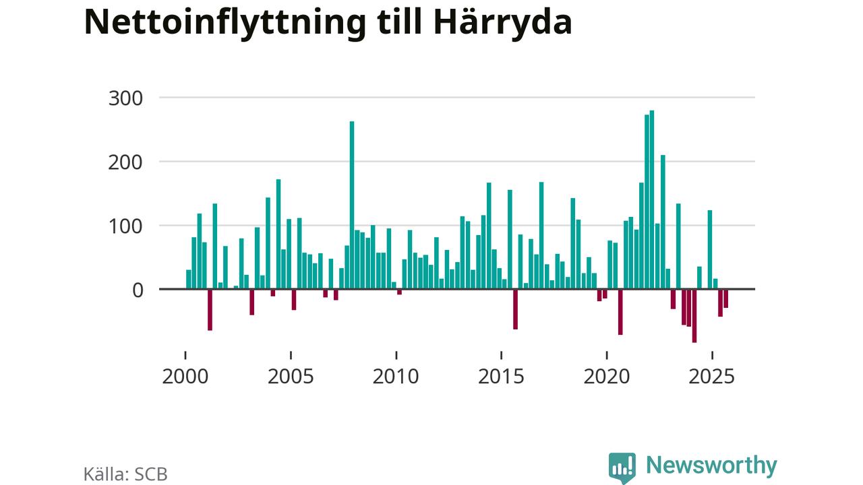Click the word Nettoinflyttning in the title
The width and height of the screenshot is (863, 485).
pos(225,23)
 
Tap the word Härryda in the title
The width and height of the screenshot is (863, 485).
pos(502,23)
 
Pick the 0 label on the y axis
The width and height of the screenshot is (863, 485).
pos(138,290)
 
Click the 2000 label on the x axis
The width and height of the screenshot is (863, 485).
pos(185,376)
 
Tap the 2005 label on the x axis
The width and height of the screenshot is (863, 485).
pos(291,376)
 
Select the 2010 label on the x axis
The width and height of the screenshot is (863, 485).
pos(396,376)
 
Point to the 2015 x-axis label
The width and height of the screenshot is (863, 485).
pos(501,376)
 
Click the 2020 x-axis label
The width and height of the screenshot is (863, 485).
pos(606,376)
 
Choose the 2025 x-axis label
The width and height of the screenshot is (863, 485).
pos(711,376)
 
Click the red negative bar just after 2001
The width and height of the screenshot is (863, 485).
pos(210,309)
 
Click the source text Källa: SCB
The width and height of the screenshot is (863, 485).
pos(125,474)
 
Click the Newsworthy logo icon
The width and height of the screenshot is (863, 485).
pos(622,467)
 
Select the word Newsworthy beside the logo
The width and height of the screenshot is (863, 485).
pos(711,465)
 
